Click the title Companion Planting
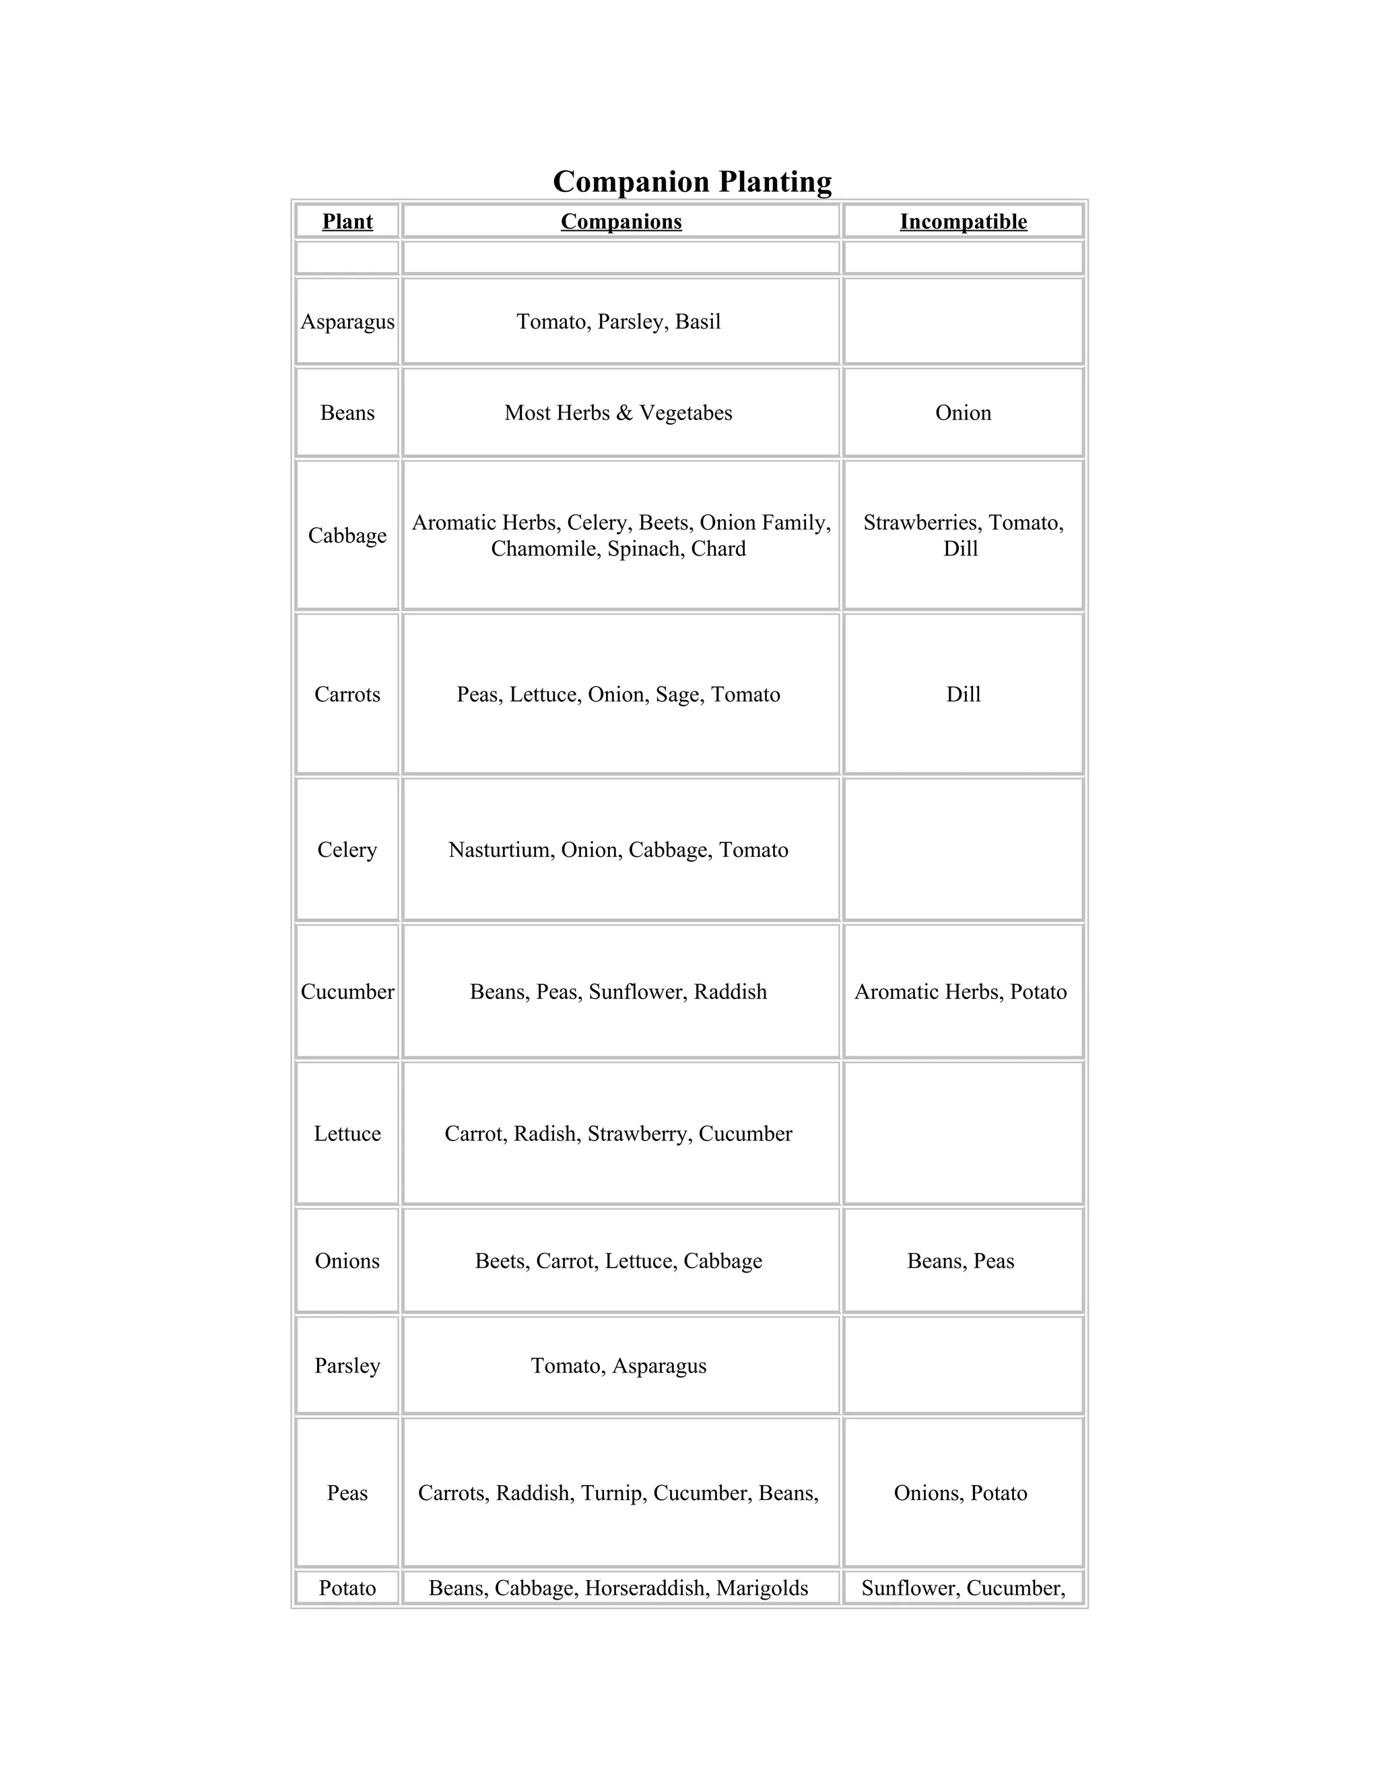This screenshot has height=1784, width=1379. coord(692,181)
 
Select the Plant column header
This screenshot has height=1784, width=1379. coord(347,221)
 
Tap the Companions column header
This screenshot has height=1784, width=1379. coord(621,221)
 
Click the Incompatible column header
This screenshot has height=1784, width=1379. coord(963,221)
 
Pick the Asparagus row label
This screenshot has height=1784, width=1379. coord(347,322)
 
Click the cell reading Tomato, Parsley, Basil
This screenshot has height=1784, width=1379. coord(618,322)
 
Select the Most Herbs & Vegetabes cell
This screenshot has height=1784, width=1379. coord(618,413)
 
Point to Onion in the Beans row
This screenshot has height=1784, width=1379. coord(963,413)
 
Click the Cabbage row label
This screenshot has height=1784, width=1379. coord(347,536)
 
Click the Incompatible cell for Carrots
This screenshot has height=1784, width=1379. coord(963,694)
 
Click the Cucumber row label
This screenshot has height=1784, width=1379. coord(347,992)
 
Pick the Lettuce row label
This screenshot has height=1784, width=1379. coord(347,1134)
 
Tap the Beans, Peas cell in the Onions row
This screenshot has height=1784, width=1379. coord(961,1261)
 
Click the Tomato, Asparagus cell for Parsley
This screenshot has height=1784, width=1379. coord(618,1366)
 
